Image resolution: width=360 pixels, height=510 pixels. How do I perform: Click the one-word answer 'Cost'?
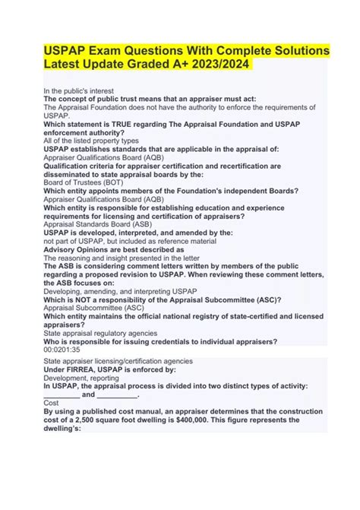pyautogui.click(x=52, y=403)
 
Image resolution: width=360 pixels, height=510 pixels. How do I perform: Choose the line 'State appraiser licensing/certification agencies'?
pyautogui.click(x=118, y=361)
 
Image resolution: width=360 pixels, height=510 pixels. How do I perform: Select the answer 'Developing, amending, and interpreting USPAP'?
pyautogui.click(x=109, y=290)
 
